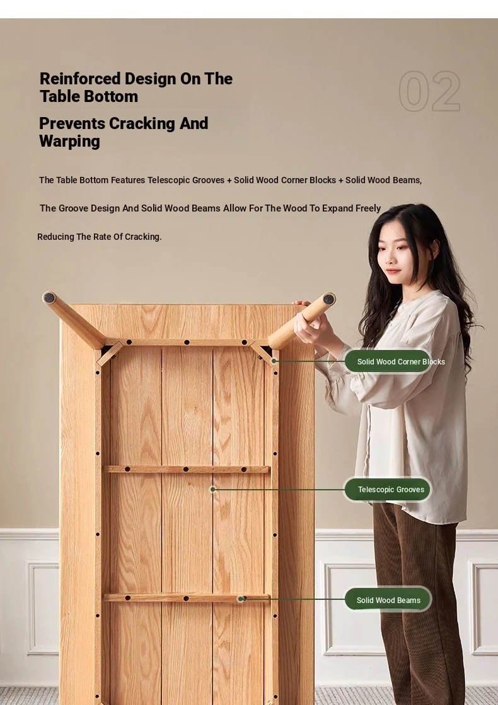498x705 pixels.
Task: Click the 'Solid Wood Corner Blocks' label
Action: coord(388,361)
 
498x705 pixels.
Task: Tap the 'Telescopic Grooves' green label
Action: coord(388,490)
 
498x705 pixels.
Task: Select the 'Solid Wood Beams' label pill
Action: coord(388,600)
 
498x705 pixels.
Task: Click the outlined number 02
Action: coord(429,91)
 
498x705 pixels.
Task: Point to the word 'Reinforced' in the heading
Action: coord(80,79)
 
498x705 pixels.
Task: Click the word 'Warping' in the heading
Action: coord(70,142)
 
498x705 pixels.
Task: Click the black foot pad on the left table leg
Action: coord(50,298)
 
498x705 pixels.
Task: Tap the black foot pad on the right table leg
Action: coord(329,299)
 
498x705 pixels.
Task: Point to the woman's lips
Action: coord(392,271)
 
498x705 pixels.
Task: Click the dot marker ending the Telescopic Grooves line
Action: coord(213,490)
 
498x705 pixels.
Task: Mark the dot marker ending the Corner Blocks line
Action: coord(274,361)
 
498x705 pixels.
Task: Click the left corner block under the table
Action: coord(110,353)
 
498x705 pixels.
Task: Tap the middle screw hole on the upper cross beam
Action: coord(186,470)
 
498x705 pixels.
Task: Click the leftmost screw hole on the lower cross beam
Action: coord(128,598)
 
